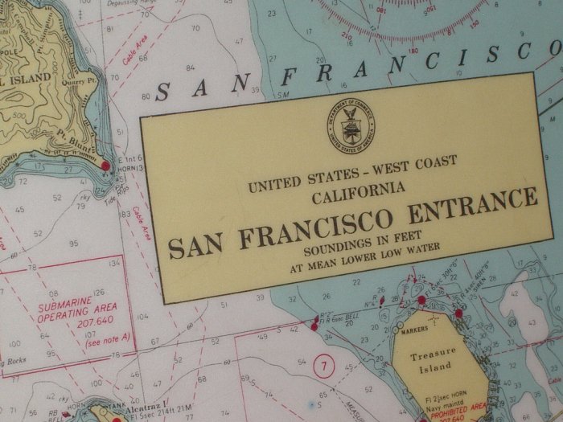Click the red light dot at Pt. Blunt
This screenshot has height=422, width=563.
click(x=105, y=166)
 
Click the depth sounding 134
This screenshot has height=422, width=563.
click(x=116, y=262)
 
